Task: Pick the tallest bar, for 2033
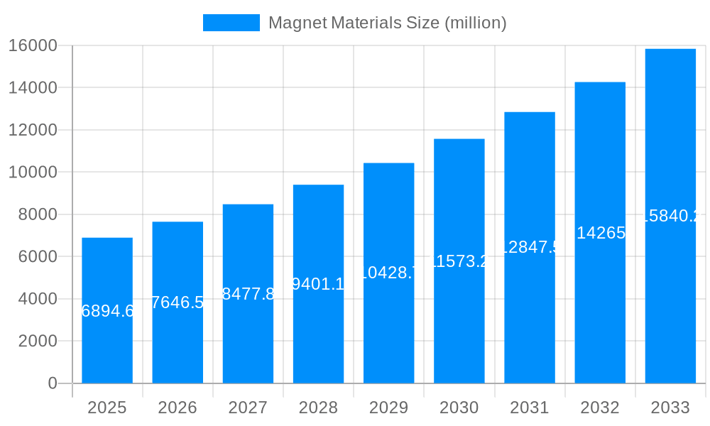point(670,298)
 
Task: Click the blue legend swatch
point(231,23)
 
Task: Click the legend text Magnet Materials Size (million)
point(387,23)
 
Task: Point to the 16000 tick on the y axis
point(33,45)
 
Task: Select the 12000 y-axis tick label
point(33,130)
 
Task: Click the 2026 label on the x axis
point(177,408)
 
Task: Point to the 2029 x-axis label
point(388,408)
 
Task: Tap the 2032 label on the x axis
point(600,408)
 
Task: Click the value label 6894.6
point(107,311)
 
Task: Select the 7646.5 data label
point(177,302)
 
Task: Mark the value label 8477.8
point(248,294)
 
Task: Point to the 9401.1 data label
point(318,284)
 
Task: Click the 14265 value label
point(600,233)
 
